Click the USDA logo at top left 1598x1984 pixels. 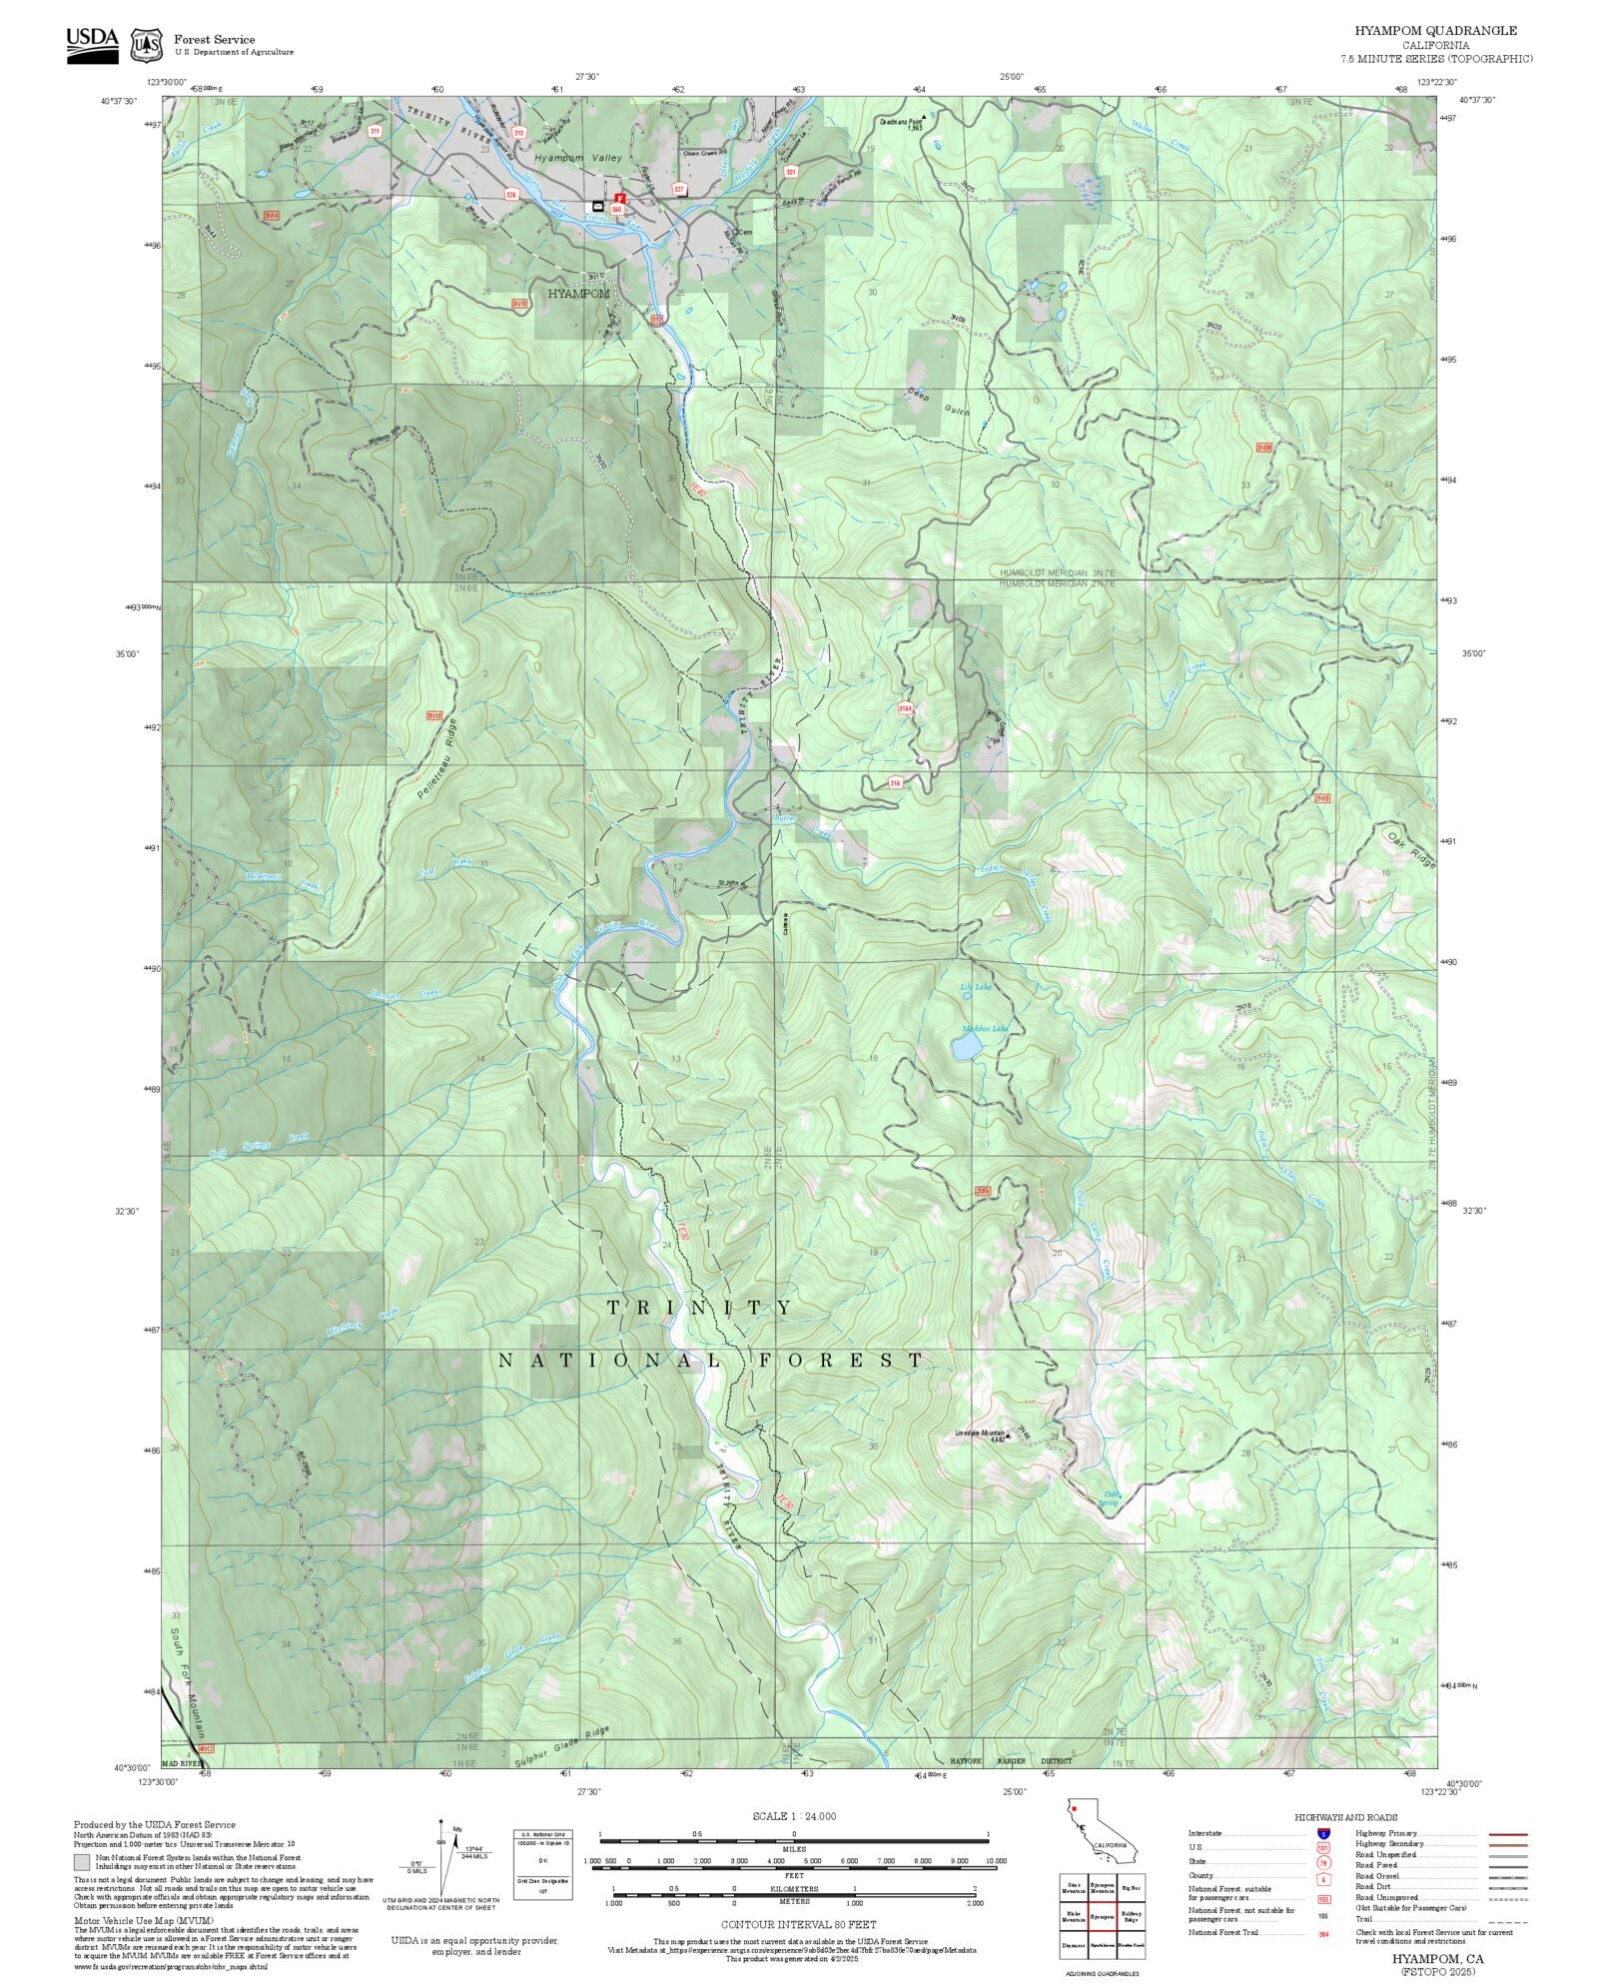pyautogui.click(x=92, y=45)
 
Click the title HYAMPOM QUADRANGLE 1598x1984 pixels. pyautogui.click(x=1435, y=31)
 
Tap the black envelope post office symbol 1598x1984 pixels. pyautogui.click(x=597, y=206)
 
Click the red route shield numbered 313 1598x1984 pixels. pyautogui.click(x=518, y=132)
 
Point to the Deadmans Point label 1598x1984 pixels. pyautogui.click(x=900, y=118)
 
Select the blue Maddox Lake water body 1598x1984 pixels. pyautogui.click(x=965, y=1047)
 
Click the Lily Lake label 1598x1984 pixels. pyautogui.click(x=976, y=987)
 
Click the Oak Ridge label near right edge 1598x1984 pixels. pyautogui.click(x=1410, y=847)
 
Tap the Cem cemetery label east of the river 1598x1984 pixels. pyautogui.click(x=741, y=233)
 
